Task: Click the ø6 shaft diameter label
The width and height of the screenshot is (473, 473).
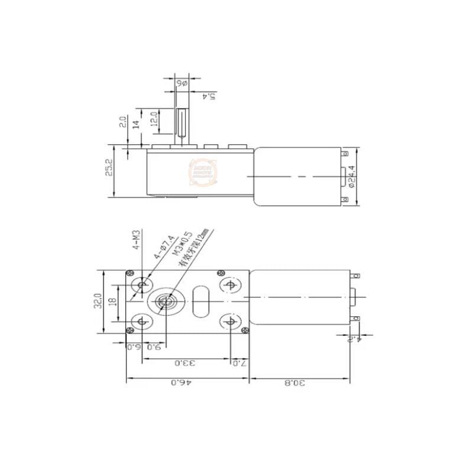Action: click(181, 83)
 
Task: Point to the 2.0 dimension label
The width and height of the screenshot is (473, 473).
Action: click(122, 122)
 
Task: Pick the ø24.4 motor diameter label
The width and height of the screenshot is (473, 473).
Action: click(352, 176)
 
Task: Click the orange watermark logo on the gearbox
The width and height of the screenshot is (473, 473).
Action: click(203, 172)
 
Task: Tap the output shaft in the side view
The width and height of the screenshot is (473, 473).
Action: click(182, 123)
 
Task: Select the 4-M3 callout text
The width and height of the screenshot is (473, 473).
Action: click(136, 241)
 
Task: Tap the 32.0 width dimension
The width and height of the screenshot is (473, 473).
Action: click(99, 302)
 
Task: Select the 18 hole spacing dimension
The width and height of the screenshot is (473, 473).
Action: click(113, 302)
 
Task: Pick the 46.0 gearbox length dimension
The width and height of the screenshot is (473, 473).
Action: click(178, 383)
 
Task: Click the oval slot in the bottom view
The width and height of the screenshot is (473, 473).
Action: click(200, 302)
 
